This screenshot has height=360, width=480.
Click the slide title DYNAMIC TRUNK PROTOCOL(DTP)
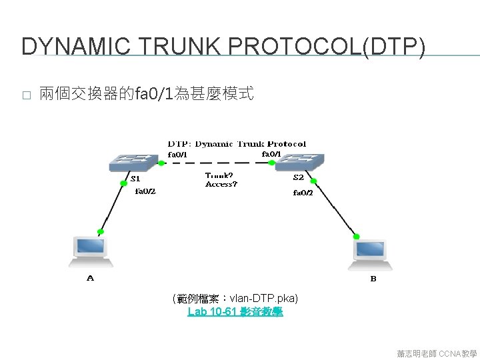223,46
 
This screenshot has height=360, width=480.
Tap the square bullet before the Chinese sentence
26,95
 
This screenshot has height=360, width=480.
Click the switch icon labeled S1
137,162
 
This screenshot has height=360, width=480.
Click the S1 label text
135,179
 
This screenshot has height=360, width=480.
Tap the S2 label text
299,178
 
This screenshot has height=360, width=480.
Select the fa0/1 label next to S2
270,154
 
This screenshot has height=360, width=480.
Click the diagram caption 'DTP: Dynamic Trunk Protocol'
237,143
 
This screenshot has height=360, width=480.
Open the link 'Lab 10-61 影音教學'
235,311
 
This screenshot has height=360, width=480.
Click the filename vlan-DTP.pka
263,298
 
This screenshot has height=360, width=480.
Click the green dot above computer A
101,231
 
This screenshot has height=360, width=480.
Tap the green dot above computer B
357,236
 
